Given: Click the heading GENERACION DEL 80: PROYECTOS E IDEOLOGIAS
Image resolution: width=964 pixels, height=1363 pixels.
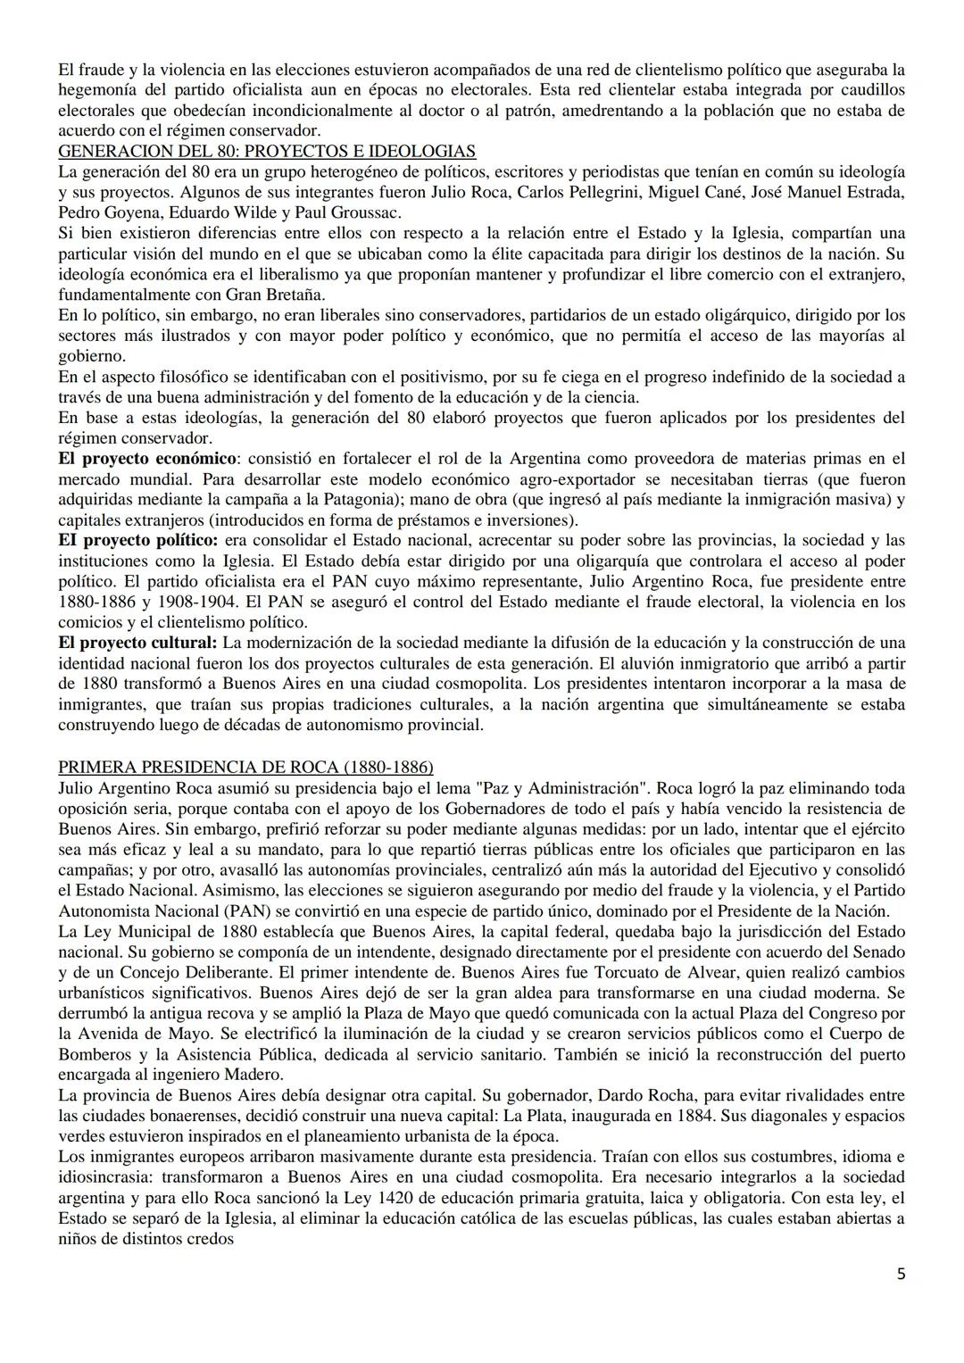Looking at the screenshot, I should (267, 151).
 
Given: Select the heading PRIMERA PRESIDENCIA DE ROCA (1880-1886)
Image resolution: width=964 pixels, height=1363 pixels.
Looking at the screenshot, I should (245, 768).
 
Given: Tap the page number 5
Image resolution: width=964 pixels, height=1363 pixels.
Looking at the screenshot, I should (902, 1274).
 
